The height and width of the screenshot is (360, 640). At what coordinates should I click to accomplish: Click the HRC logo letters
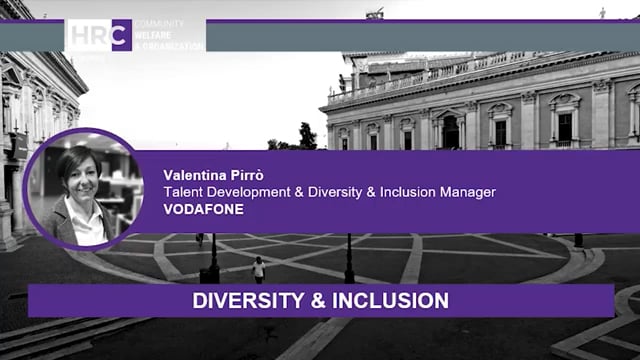[x=98, y=34]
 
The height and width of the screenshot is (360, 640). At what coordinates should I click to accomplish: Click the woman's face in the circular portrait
[x=80, y=171]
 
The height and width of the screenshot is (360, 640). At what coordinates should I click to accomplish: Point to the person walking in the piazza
[x=259, y=269]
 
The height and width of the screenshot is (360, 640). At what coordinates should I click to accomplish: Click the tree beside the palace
[x=306, y=136]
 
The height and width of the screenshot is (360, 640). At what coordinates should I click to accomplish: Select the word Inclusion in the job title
[x=405, y=191]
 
